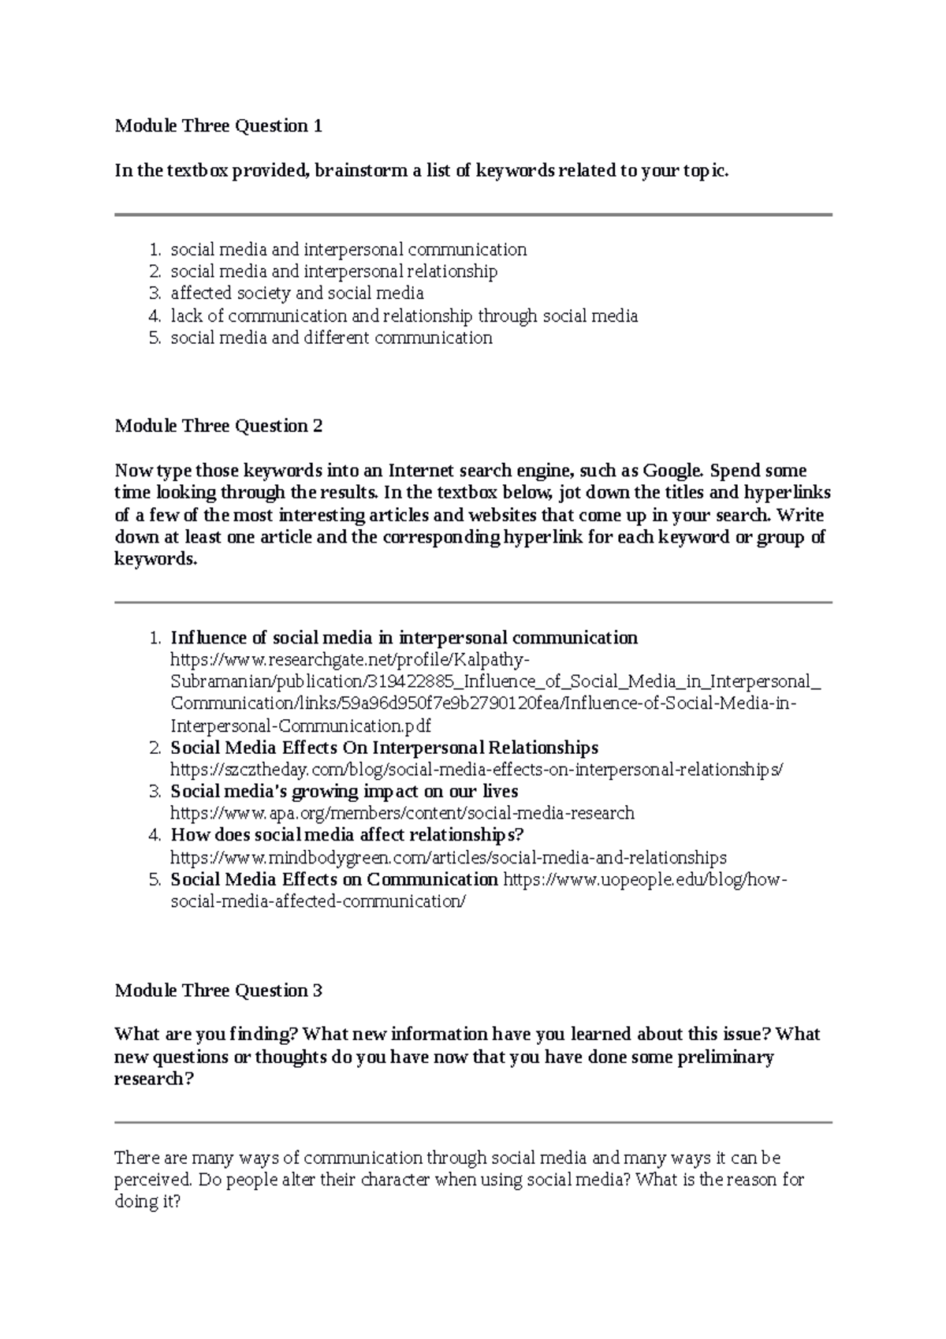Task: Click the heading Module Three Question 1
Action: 218,126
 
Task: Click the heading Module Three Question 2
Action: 218,427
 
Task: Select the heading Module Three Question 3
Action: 218,991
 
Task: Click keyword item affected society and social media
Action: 297,294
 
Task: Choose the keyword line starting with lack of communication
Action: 404,316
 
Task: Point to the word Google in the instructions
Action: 672,472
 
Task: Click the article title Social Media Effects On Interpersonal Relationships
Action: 384,748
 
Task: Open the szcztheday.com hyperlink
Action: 477,770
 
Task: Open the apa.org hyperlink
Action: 402,813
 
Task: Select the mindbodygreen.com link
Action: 449,857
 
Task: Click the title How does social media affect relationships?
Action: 347,835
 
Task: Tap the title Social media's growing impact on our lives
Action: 345,792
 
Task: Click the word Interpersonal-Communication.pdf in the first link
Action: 300,725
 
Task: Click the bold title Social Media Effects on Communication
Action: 334,879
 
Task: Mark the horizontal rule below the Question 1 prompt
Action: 473,214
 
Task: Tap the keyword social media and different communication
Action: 331,338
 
